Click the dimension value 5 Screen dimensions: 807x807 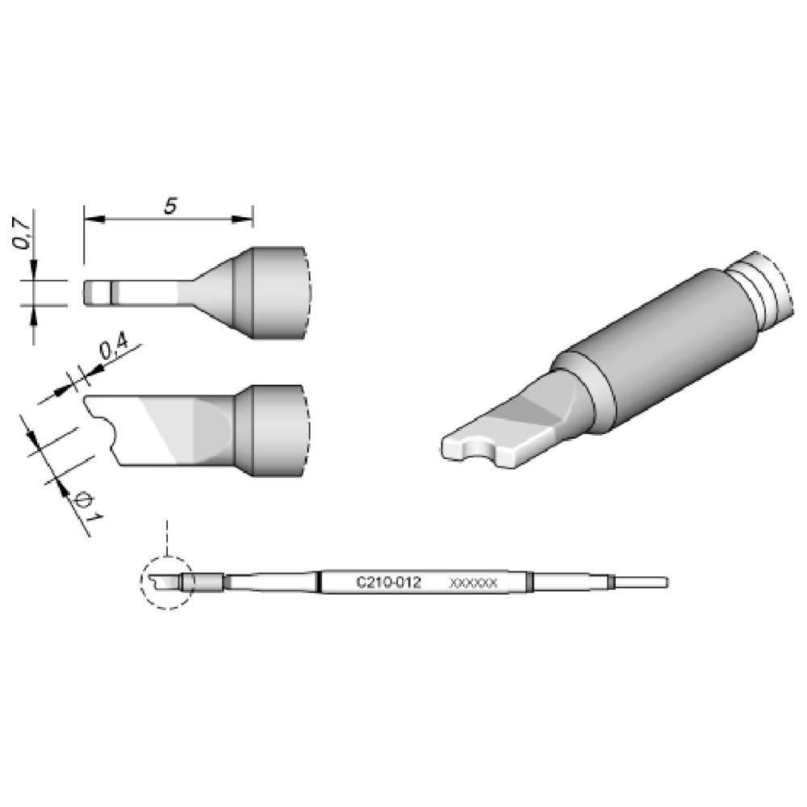tap(170, 207)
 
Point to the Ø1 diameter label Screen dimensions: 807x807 tap(84, 507)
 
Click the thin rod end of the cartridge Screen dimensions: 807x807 tap(642, 582)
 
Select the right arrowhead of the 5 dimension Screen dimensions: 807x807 tap(245, 218)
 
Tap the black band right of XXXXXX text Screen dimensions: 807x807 tap(529, 582)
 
